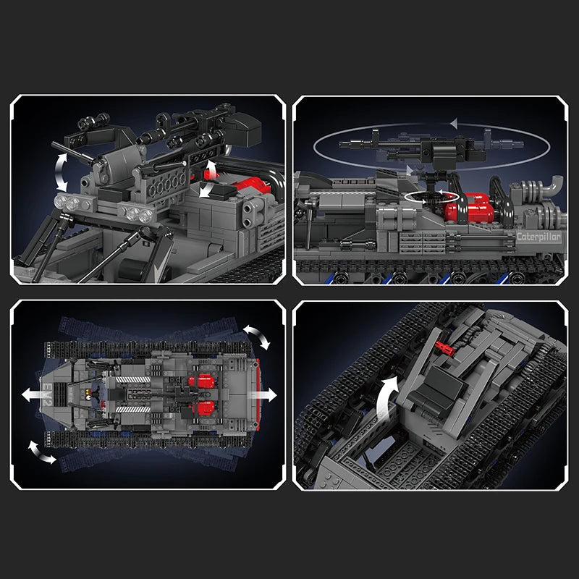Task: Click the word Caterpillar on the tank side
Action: tap(538, 237)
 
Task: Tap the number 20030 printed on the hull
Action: tap(354, 182)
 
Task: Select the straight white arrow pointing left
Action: tap(34, 394)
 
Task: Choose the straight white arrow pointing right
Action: tap(263, 394)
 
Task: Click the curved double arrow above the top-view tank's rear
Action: tap(257, 337)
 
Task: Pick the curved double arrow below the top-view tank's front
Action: tap(42, 452)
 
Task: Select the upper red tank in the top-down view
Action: tap(202, 381)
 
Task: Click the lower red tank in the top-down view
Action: tap(202, 408)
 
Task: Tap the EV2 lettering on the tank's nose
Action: tap(47, 394)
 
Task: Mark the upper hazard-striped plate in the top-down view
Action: tap(133, 379)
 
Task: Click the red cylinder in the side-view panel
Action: tap(469, 208)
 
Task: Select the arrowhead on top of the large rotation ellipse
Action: tap(455, 123)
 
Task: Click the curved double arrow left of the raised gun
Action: tap(62, 172)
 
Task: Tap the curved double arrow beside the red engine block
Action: tap(208, 179)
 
